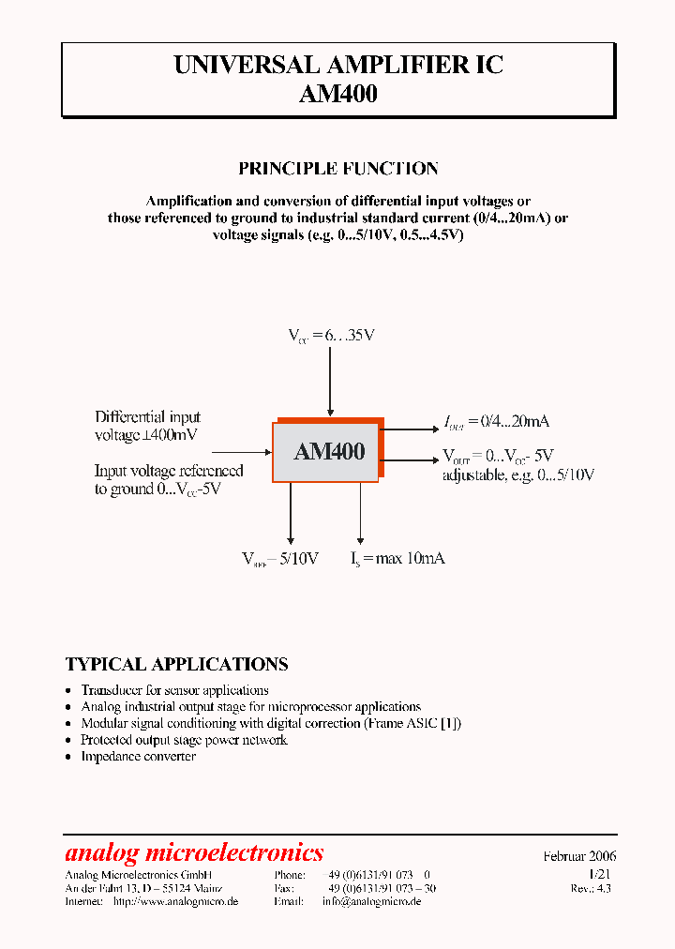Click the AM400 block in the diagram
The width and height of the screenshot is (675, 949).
[x=328, y=451]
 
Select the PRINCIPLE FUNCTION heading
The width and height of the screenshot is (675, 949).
[x=337, y=169]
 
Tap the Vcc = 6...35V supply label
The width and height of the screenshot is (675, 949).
[x=331, y=336]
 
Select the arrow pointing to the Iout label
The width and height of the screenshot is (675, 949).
[x=411, y=429]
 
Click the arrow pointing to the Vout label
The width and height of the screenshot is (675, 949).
[x=411, y=459]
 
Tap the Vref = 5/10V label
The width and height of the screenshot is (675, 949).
[x=280, y=559]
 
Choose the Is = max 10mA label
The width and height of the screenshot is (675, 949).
[x=397, y=559]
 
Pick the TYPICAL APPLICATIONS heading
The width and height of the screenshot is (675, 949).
[x=176, y=665]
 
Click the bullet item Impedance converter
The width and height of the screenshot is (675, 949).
[x=138, y=757]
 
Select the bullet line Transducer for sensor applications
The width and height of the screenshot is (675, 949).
[x=174, y=690]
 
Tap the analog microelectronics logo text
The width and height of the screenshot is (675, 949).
[x=194, y=852]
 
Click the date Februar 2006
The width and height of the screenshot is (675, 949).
[x=579, y=856]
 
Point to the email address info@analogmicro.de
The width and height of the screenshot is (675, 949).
[x=371, y=901]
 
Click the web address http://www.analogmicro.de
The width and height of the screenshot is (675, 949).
[x=175, y=901]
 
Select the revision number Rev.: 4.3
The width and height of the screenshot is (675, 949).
[x=590, y=887]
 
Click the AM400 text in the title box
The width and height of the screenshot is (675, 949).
[x=338, y=93]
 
